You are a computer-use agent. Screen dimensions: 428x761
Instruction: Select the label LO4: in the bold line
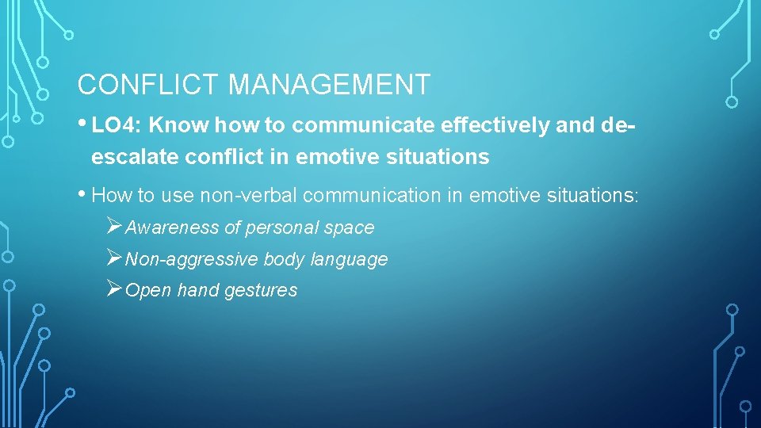pyautogui.click(x=117, y=126)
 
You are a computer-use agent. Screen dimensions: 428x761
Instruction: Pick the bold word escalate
pyautogui.click(x=135, y=157)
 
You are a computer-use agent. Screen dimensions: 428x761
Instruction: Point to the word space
pyautogui.click(x=349, y=228)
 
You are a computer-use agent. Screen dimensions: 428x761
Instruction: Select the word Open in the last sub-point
pyautogui.click(x=148, y=291)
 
